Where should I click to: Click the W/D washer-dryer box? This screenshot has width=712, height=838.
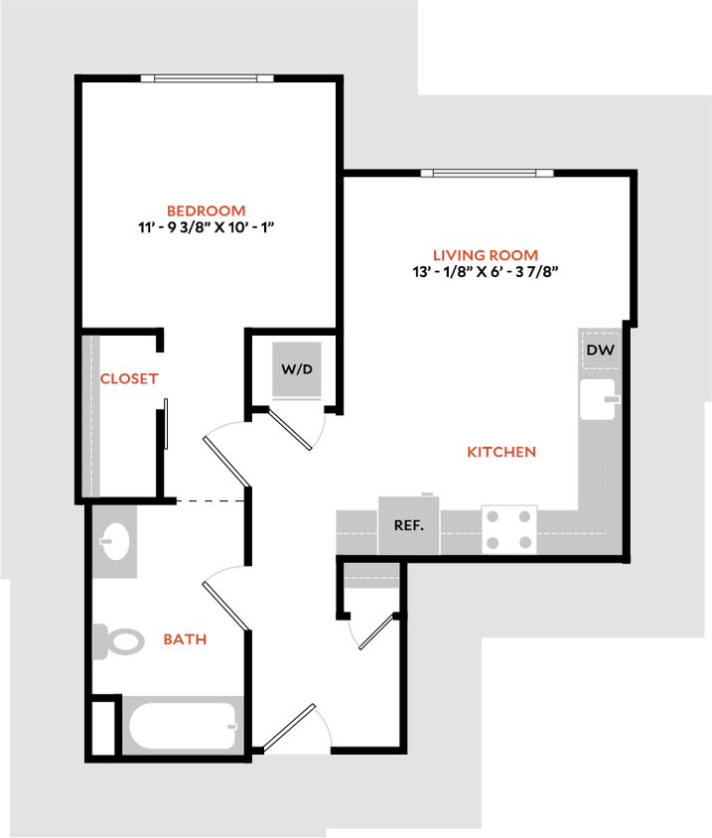click(x=296, y=369)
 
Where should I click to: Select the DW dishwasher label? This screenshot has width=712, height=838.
click(x=599, y=349)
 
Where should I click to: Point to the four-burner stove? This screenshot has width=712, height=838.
click(x=508, y=528)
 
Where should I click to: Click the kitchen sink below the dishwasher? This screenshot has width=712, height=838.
click(x=599, y=400)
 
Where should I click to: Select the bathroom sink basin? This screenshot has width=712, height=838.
click(x=115, y=542)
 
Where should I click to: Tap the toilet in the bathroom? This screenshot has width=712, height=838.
click(x=118, y=640)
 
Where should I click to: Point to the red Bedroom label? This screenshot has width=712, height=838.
click(x=206, y=210)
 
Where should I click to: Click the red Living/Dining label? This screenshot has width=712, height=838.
click(x=485, y=255)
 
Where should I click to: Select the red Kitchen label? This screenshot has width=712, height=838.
click(x=501, y=453)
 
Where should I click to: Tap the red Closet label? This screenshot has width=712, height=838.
click(x=130, y=378)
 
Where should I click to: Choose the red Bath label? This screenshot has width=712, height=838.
click(x=185, y=639)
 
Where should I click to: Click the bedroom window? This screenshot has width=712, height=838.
click(x=206, y=78)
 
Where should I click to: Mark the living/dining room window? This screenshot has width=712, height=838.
click(x=487, y=173)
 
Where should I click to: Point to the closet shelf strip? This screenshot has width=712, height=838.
click(x=91, y=415)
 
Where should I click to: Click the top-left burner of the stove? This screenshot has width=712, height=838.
click(x=494, y=515)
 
